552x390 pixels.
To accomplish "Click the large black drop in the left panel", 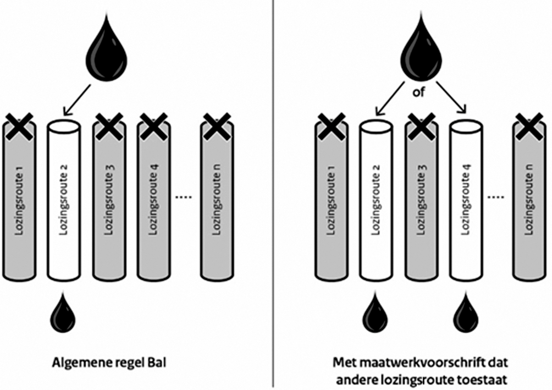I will pyautogui.click(x=107, y=52).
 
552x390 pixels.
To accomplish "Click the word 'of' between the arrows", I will pyautogui.click(x=419, y=92).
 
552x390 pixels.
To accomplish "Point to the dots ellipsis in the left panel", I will pyautogui.click(x=183, y=197).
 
